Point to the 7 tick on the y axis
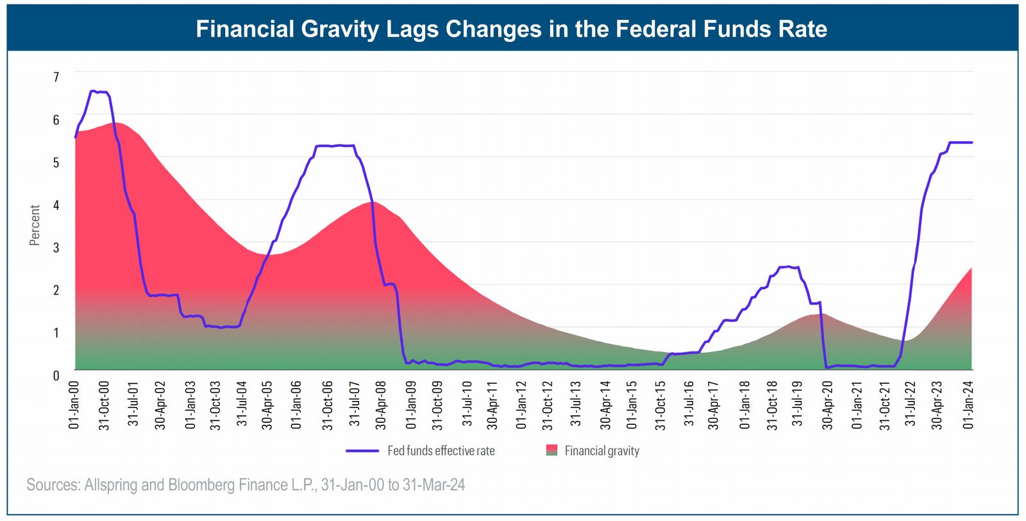tap(56, 77)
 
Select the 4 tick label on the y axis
tap(56, 205)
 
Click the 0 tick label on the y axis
tap(56, 375)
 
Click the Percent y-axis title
tap(35, 225)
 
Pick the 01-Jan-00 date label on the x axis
tap(74, 405)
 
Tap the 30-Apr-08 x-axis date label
tap(381, 405)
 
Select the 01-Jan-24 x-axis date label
tap(969, 405)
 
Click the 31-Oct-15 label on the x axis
tap(660, 405)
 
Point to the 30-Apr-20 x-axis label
tap(828, 405)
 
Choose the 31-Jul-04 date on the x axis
tap(242, 405)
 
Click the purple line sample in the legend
tap(362, 451)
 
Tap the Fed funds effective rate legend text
tap(441, 451)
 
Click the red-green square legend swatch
tap(551, 450)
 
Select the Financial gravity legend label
tap(602, 451)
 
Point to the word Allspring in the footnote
tap(112, 485)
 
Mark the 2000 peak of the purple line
tap(94, 91)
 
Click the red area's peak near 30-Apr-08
tap(372, 202)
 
